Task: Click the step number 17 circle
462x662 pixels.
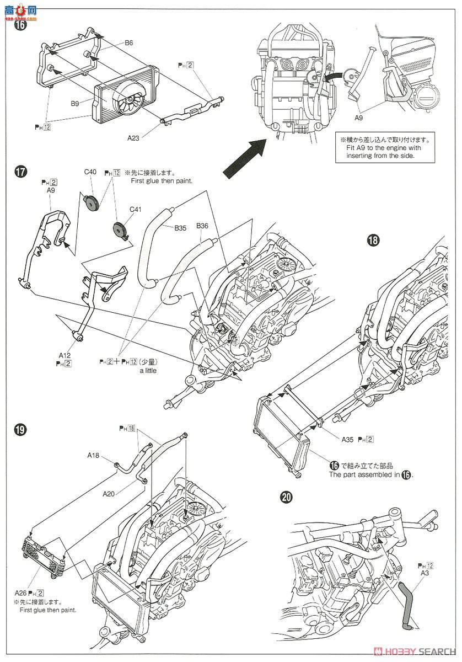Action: point(20,172)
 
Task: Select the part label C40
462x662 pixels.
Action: point(90,172)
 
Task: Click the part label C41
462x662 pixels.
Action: point(135,209)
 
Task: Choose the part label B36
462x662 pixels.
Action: point(202,226)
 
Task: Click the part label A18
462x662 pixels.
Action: point(93,455)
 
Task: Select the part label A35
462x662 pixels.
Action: point(346,440)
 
